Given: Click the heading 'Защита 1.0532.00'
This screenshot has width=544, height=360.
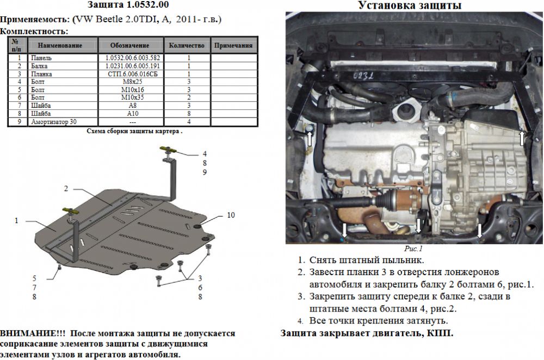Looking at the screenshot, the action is [x=128, y=5].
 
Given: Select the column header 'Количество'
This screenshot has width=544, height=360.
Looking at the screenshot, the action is [x=187, y=46].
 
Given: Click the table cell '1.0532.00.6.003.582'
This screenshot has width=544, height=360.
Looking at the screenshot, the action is [x=133, y=58].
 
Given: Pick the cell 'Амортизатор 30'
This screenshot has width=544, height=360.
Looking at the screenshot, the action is [x=54, y=122].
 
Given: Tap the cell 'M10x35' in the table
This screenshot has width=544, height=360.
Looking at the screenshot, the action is [x=133, y=97].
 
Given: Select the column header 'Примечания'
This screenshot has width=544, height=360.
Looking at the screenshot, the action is [x=233, y=46].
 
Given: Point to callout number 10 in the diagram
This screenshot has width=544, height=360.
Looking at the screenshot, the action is [x=231, y=215].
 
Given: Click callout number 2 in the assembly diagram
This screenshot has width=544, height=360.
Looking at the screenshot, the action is [x=66, y=189].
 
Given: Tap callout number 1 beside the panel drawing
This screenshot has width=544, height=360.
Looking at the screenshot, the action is [x=16, y=221].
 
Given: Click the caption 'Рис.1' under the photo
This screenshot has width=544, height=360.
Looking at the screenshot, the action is [x=413, y=249].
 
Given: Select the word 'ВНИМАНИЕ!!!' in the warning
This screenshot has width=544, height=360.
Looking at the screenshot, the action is [x=33, y=334].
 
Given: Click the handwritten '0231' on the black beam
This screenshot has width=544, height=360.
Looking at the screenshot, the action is [x=363, y=76].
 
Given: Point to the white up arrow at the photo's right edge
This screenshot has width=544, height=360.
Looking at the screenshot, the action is [x=522, y=138].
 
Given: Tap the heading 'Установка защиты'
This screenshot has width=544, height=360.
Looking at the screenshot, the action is [x=410, y=5].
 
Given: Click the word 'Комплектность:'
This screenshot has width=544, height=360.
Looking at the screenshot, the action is [x=34, y=31].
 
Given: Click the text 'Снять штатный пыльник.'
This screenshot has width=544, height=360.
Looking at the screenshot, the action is [x=366, y=260].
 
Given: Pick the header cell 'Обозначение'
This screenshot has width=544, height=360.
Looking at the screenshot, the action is [x=130, y=46].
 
